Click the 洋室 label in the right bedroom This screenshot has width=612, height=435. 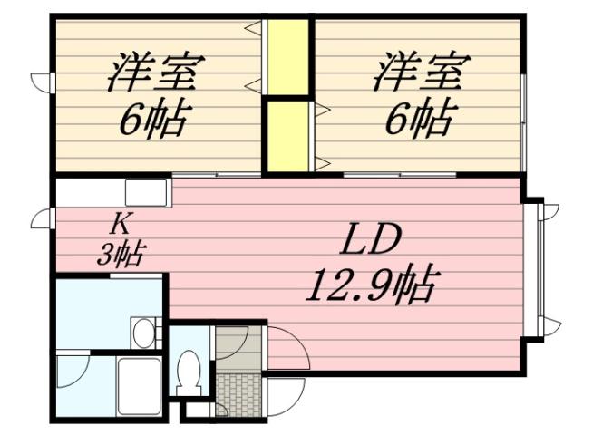tap(420, 72)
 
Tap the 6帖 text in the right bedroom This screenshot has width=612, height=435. tap(420, 118)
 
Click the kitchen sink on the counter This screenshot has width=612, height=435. tap(146, 193)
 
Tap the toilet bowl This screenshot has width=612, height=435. tap(189, 372)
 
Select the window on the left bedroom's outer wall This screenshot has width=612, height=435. tap(41, 82)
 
